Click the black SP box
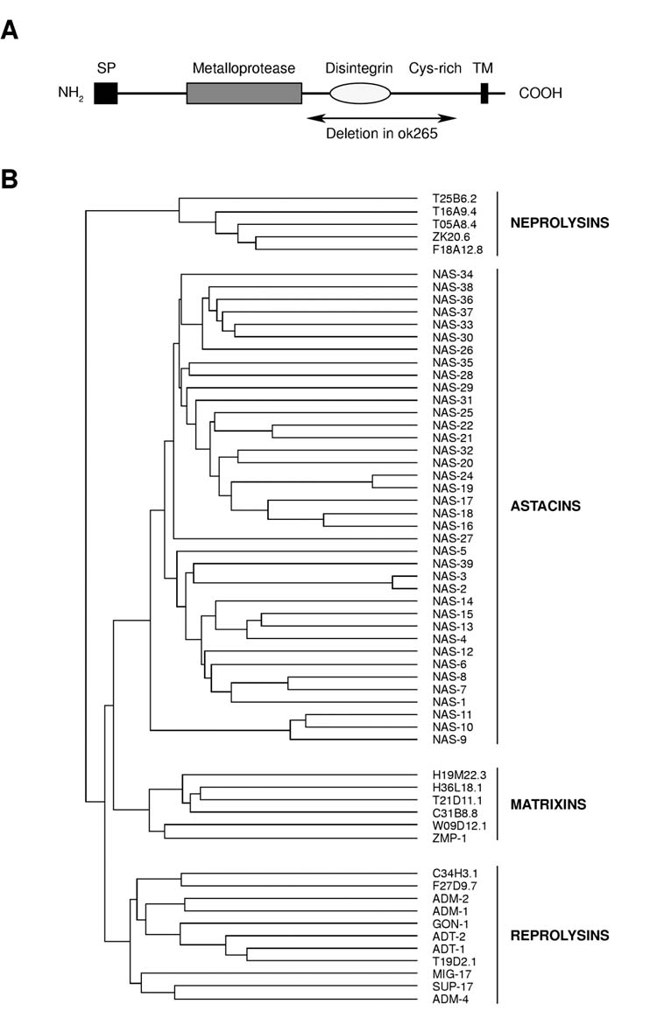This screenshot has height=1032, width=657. tap(106, 92)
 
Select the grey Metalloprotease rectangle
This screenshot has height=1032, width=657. tap(244, 92)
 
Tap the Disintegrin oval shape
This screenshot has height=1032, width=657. tap(359, 92)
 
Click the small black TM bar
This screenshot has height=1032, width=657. tap(484, 92)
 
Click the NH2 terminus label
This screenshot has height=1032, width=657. tap(70, 94)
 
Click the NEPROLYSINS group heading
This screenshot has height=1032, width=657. tap(559, 223)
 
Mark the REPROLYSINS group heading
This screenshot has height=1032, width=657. tap(559, 935)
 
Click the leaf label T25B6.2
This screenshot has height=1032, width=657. tap(453, 198)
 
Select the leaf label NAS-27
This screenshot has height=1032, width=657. tap(452, 537)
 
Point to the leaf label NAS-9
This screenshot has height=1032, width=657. tap(449, 740)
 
